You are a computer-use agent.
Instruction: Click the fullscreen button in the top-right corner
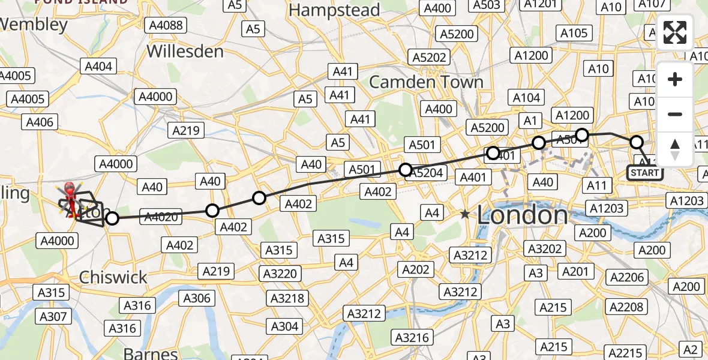[675, 32]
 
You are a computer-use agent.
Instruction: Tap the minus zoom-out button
[675, 114]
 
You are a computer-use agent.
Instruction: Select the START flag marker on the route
[645, 173]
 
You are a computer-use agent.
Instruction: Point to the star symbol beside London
[465, 214]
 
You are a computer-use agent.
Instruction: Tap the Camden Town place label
[426, 82]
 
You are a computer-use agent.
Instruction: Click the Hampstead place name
[334, 10]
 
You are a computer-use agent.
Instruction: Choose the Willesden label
[185, 51]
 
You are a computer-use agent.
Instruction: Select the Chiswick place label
[113, 277]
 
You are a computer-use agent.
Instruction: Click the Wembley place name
[34, 25]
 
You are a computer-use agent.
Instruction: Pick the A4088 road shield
[166, 25]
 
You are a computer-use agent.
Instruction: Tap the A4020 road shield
[161, 217]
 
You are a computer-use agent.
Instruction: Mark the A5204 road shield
[425, 173]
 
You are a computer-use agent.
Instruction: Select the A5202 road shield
[429, 58]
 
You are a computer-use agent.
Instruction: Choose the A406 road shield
[39, 122]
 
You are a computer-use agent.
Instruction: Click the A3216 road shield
[412, 337]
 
